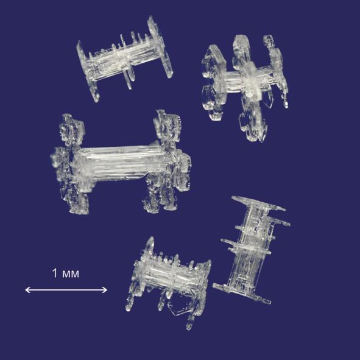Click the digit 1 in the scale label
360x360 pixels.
pos(55,273)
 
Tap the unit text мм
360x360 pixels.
pos(71,274)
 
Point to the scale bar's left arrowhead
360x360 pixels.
pos(27,290)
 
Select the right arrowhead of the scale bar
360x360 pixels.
pos(104,290)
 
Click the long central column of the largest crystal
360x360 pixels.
pos(119,163)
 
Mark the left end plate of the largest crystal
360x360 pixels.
pos(70,164)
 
